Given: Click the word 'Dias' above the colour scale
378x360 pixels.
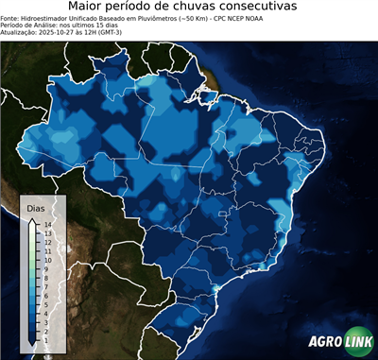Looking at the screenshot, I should pos(36,207).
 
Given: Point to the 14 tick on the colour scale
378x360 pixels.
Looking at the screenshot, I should pos(46,224).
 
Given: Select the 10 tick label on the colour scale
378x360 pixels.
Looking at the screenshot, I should pos(46,260).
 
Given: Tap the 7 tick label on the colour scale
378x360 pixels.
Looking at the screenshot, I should pos(46,286).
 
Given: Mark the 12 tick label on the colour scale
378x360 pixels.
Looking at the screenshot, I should pos(46,242).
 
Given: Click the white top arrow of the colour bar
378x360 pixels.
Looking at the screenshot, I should pos(32,220).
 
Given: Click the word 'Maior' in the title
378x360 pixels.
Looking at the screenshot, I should pos(90,8).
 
